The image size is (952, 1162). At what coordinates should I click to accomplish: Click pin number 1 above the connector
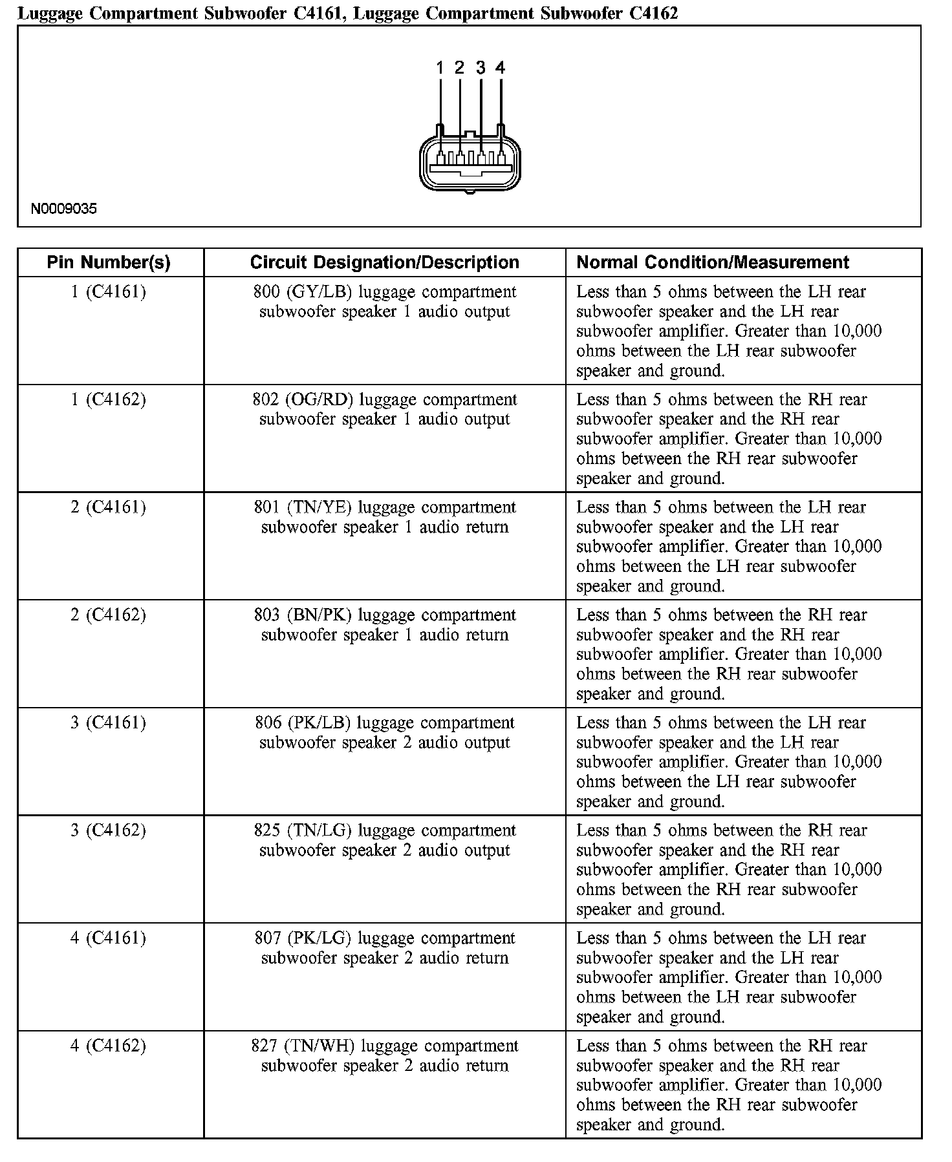click(x=440, y=67)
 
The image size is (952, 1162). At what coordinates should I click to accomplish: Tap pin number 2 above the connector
click(x=459, y=67)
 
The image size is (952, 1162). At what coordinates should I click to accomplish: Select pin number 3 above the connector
click(x=481, y=67)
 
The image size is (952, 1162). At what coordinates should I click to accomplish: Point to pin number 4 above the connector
click(x=500, y=67)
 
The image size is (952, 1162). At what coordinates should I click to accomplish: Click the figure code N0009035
click(x=64, y=209)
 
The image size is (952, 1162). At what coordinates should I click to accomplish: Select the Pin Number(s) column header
click(x=109, y=262)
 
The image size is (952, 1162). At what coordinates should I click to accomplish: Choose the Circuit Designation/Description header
click(x=384, y=262)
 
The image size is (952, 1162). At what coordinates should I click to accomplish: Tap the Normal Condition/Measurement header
click(x=712, y=262)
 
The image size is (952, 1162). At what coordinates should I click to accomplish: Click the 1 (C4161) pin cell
click(x=109, y=292)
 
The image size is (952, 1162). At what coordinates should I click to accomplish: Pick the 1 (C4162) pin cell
click(x=109, y=400)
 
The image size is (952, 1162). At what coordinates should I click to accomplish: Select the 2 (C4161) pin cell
click(x=109, y=507)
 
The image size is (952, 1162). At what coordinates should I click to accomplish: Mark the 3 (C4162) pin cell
click(x=109, y=830)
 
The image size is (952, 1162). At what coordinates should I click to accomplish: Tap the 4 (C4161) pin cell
click(x=109, y=938)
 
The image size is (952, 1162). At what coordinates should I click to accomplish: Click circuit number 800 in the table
click(x=266, y=292)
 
